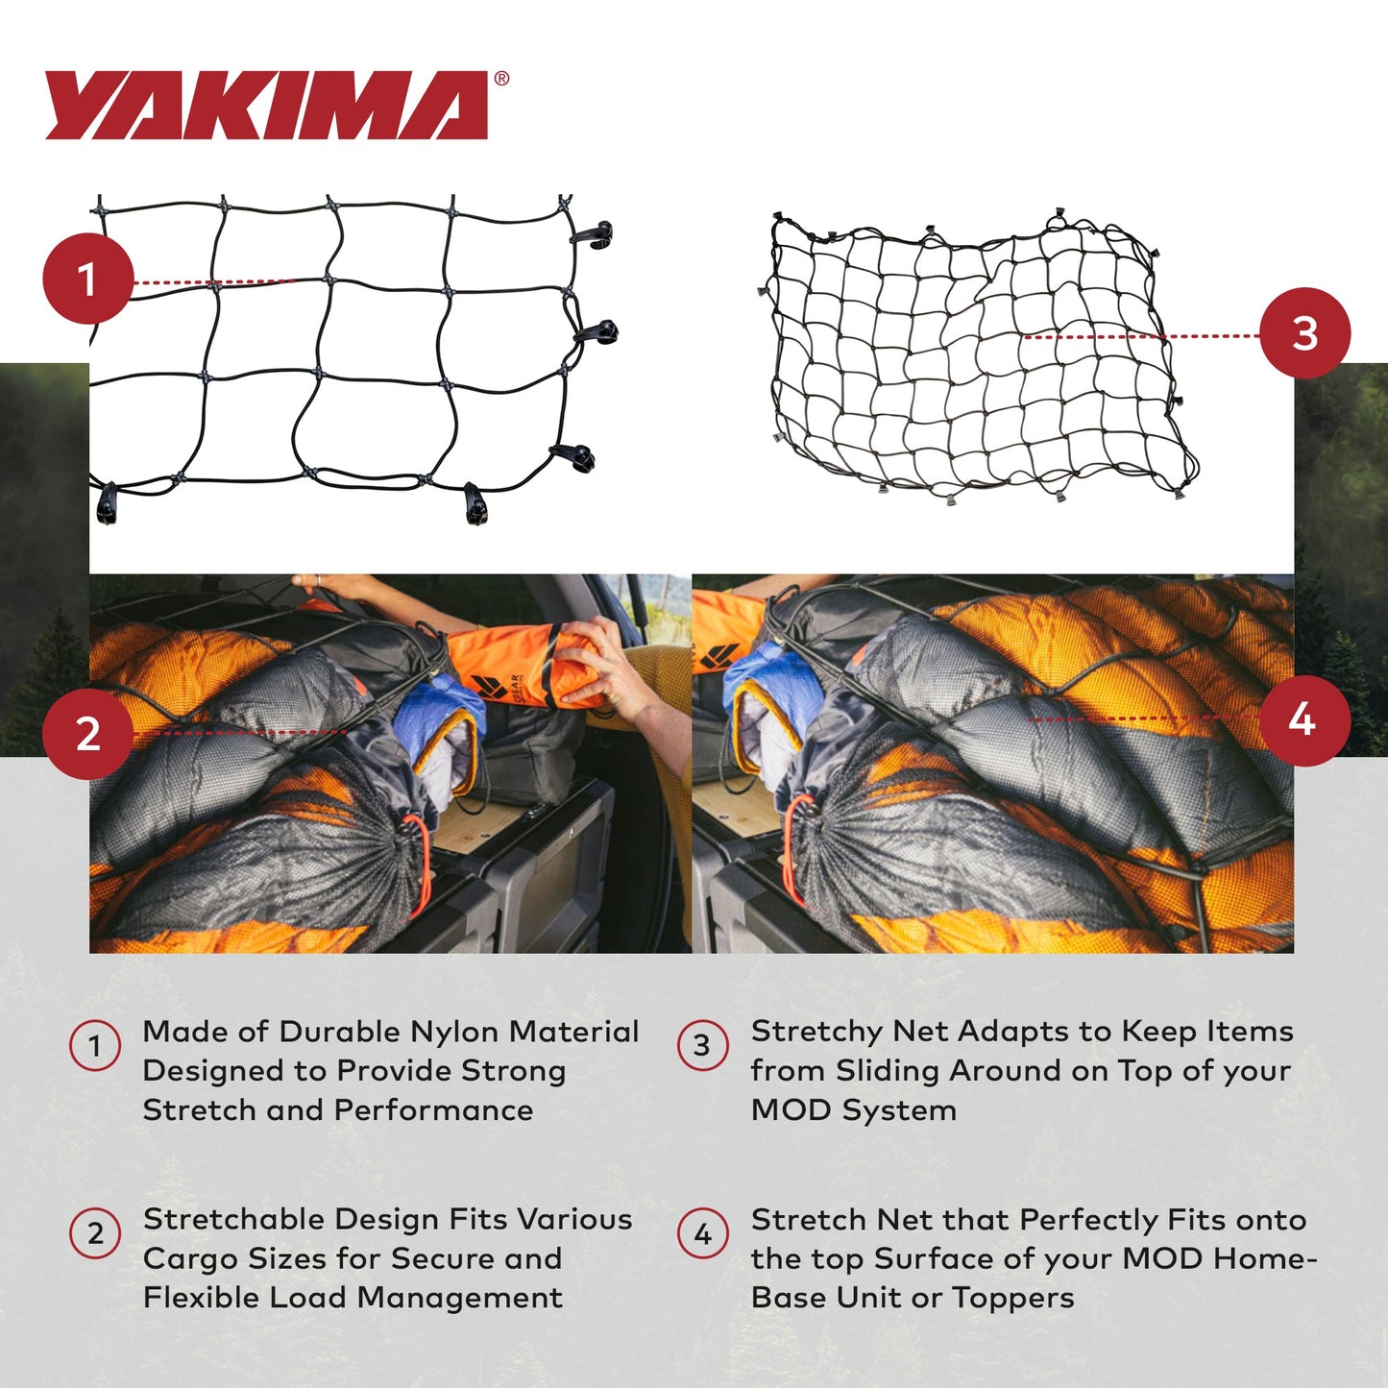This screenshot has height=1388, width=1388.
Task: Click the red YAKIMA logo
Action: click(267, 106)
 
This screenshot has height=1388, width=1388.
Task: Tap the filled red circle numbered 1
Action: click(87, 279)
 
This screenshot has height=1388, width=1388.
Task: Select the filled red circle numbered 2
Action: click(87, 734)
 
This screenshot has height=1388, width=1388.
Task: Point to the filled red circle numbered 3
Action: click(1304, 333)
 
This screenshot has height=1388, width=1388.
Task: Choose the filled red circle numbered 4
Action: click(1303, 719)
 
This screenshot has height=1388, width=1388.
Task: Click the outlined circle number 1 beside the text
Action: click(95, 1045)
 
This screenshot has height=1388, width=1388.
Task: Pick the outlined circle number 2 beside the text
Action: click(95, 1233)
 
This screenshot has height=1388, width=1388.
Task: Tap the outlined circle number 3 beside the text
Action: click(702, 1045)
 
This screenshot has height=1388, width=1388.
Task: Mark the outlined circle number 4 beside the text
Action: click(702, 1233)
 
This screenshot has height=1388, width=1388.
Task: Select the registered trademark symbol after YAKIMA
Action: click(501, 80)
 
